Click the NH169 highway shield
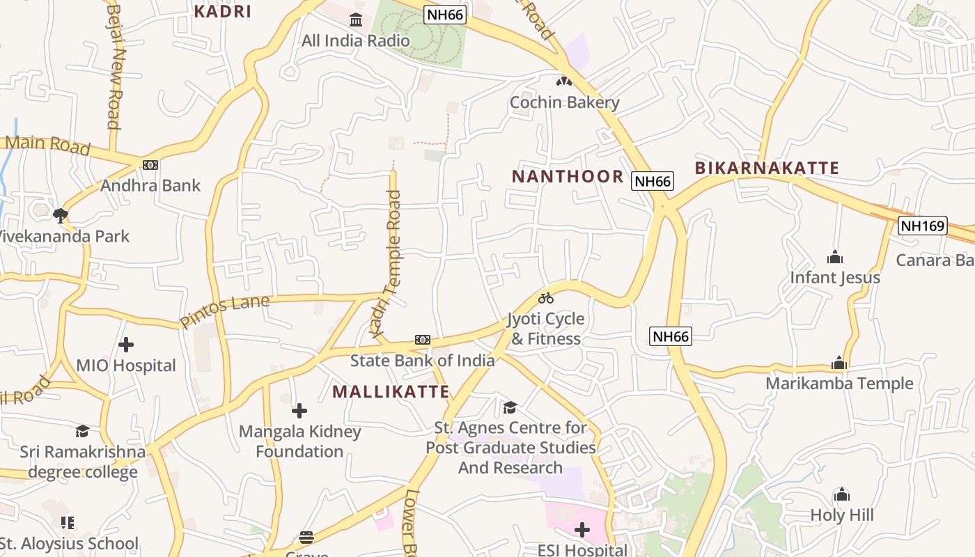click(x=923, y=226)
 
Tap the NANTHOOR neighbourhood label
click(x=568, y=176)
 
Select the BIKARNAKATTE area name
click(x=766, y=168)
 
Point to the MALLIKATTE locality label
click(x=391, y=391)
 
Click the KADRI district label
click(x=222, y=11)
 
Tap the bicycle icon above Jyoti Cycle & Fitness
click(x=546, y=299)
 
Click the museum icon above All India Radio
click(x=356, y=19)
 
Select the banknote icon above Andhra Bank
click(x=150, y=165)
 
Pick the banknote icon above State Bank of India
click(x=423, y=340)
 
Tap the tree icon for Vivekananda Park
click(x=61, y=215)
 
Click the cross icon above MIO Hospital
click(x=126, y=345)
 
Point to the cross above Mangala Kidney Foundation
click(x=299, y=411)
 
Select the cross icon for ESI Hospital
click(x=582, y=531)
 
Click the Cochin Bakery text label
click(x=564, y=102)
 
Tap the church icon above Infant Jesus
click(x=835, y=258)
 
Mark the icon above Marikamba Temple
click(x=839, y=363)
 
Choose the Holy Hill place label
click(x=841, y=515)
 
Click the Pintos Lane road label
click(x=224, y=311)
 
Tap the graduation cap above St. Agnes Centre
click(x=510, y=407)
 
